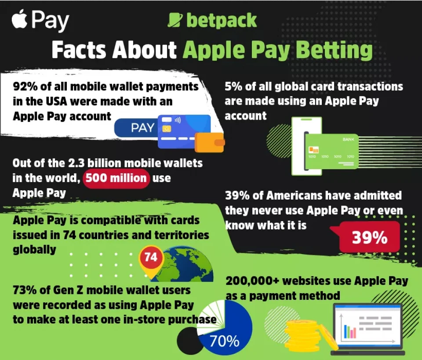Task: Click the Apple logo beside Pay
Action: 20,21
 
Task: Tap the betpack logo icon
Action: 175,21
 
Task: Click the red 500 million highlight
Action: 116,178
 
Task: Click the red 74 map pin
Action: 151,258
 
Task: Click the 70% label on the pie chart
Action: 224,341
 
